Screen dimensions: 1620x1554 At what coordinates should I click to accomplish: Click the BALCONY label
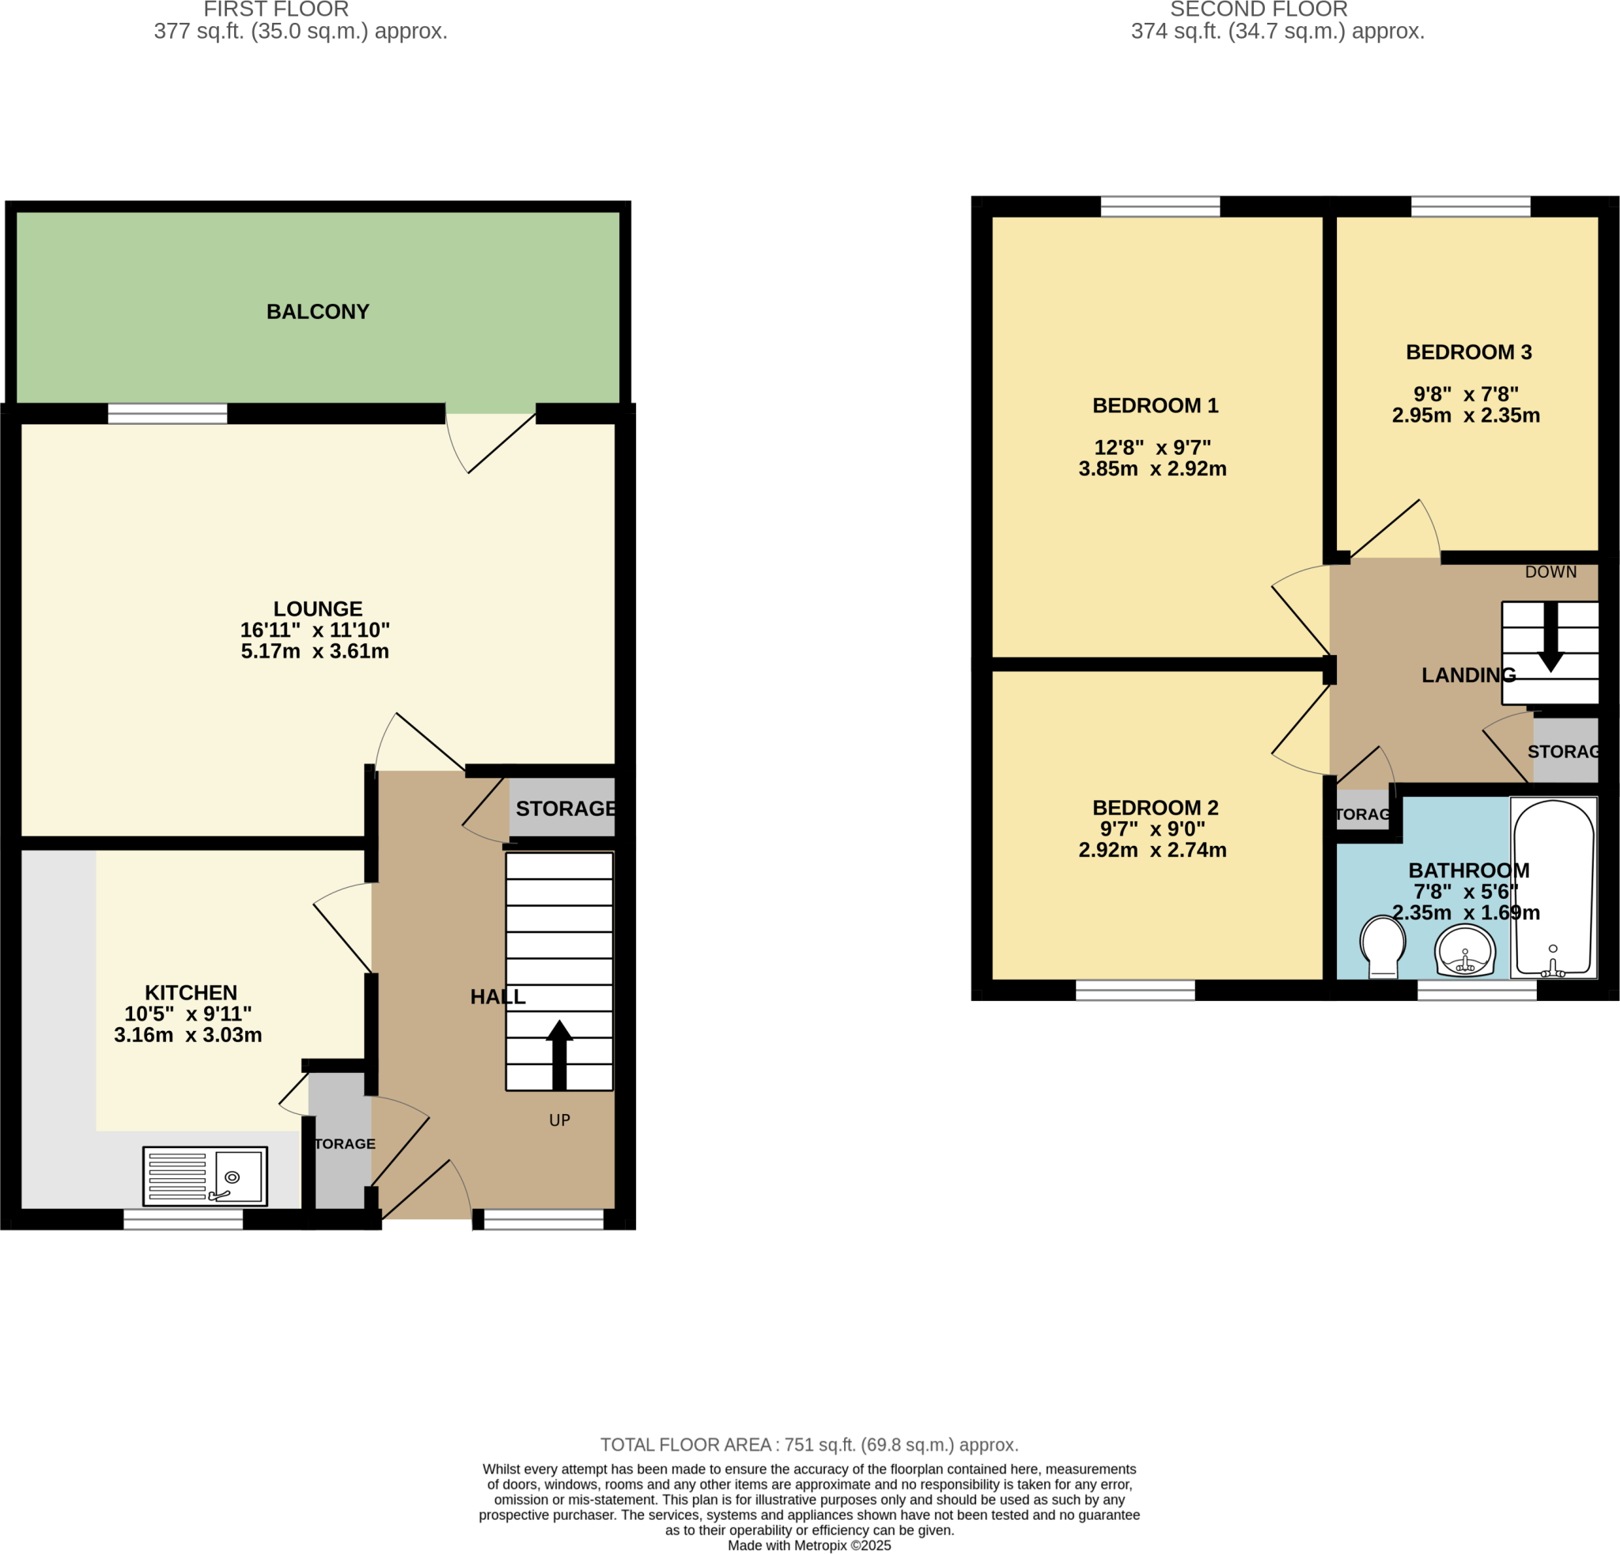317,312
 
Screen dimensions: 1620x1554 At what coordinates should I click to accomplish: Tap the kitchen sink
205,1176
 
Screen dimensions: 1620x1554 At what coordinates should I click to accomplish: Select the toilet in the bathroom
1383,946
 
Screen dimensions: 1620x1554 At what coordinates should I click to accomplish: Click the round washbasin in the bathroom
1465,949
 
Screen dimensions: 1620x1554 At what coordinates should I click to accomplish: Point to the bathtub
1553,888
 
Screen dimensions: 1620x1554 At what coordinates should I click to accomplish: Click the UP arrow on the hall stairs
559,1055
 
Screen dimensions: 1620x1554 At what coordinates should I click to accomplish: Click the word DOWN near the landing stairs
1550,572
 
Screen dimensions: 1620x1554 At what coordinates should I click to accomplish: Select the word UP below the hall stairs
559,1120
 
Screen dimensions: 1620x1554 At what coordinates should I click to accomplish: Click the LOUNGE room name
318,608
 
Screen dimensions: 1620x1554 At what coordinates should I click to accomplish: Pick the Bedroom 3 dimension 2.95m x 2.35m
1466,415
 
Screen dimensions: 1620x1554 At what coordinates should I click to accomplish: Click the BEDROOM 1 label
1155,405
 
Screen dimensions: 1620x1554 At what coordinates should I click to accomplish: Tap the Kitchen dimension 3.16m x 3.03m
187,1035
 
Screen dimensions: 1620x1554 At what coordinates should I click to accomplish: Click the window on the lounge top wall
168,413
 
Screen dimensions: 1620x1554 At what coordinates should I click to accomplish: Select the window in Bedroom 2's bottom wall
1135,989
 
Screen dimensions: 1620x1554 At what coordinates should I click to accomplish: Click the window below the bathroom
1477,989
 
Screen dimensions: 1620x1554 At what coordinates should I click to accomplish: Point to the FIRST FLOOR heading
276,10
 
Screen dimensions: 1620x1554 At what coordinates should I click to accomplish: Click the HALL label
498,997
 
